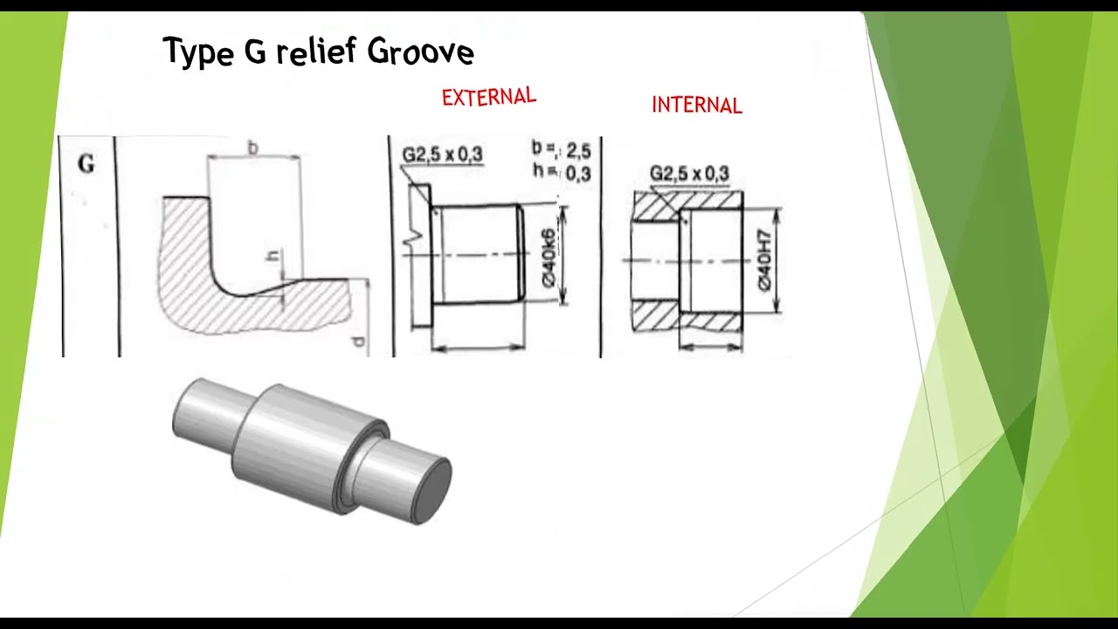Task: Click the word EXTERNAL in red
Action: (x=488, y=97)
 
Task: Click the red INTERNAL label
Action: (x=696, y=106)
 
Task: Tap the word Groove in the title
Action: (x=420, y=52)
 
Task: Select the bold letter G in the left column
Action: (x=86, y=164)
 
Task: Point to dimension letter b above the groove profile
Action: (x=253, y=149)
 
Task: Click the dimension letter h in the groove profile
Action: (x=273, y=256)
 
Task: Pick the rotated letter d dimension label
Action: (x=358, y=341)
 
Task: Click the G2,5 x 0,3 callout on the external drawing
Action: (x=442, y=156)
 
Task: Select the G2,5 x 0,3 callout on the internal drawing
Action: (x=689, y=174)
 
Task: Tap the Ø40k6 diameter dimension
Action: (x=549, y=257)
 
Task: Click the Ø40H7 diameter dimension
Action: (x=765, y=260)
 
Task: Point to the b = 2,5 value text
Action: (x=562, y=151)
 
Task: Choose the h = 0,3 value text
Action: (x=562, y=173)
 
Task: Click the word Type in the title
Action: (x=197, y=52)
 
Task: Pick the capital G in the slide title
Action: (x=254, y=52)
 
